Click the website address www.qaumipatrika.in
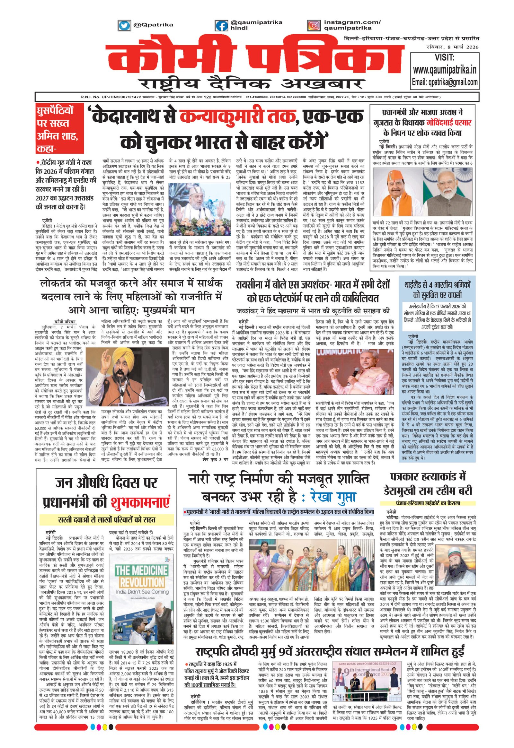[x=444, y=70]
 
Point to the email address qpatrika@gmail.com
[x=444, y=82]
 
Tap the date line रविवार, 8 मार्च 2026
[x=451, y=47]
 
